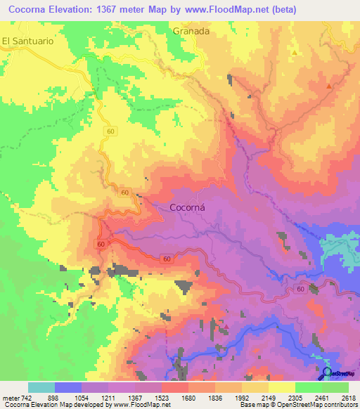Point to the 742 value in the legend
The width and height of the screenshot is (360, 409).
(x=23, y=397)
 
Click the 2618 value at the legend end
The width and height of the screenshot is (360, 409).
(x=347, y=397)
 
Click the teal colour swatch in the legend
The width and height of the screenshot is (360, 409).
(x=41, y=387)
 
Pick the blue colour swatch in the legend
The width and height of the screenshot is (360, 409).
(x=68, y=387)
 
